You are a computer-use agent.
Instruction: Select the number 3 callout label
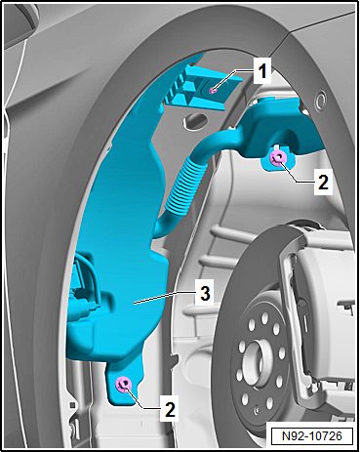coord(202,293)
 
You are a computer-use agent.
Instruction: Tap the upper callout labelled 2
coord(323,181)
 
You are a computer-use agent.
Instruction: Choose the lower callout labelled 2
coord(170,408)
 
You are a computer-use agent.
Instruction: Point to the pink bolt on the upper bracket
coord(278,158)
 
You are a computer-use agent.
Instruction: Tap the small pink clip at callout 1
coord(214,89)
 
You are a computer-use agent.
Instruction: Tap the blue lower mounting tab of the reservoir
coord(126,377)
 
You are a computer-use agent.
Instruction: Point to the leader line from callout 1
coord(233,79)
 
